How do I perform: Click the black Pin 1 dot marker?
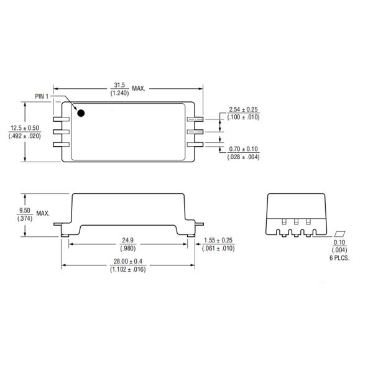click(x=81, y=113)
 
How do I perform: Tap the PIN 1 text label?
click(x=42, y=96)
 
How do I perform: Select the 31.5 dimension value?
click(x=119, y=85)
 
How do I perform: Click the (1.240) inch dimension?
click(x=119, y=93)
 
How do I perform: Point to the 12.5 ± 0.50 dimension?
click(x=25, y=128)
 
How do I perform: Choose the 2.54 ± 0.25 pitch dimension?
click(x=243, y=109)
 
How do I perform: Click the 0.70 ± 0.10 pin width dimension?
click(x=243, y=149)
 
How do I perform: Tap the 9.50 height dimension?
click(x=25, y=210)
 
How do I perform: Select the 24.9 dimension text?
click(x=127, y=240)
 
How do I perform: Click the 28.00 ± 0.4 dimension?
click(x=128, y=262)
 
